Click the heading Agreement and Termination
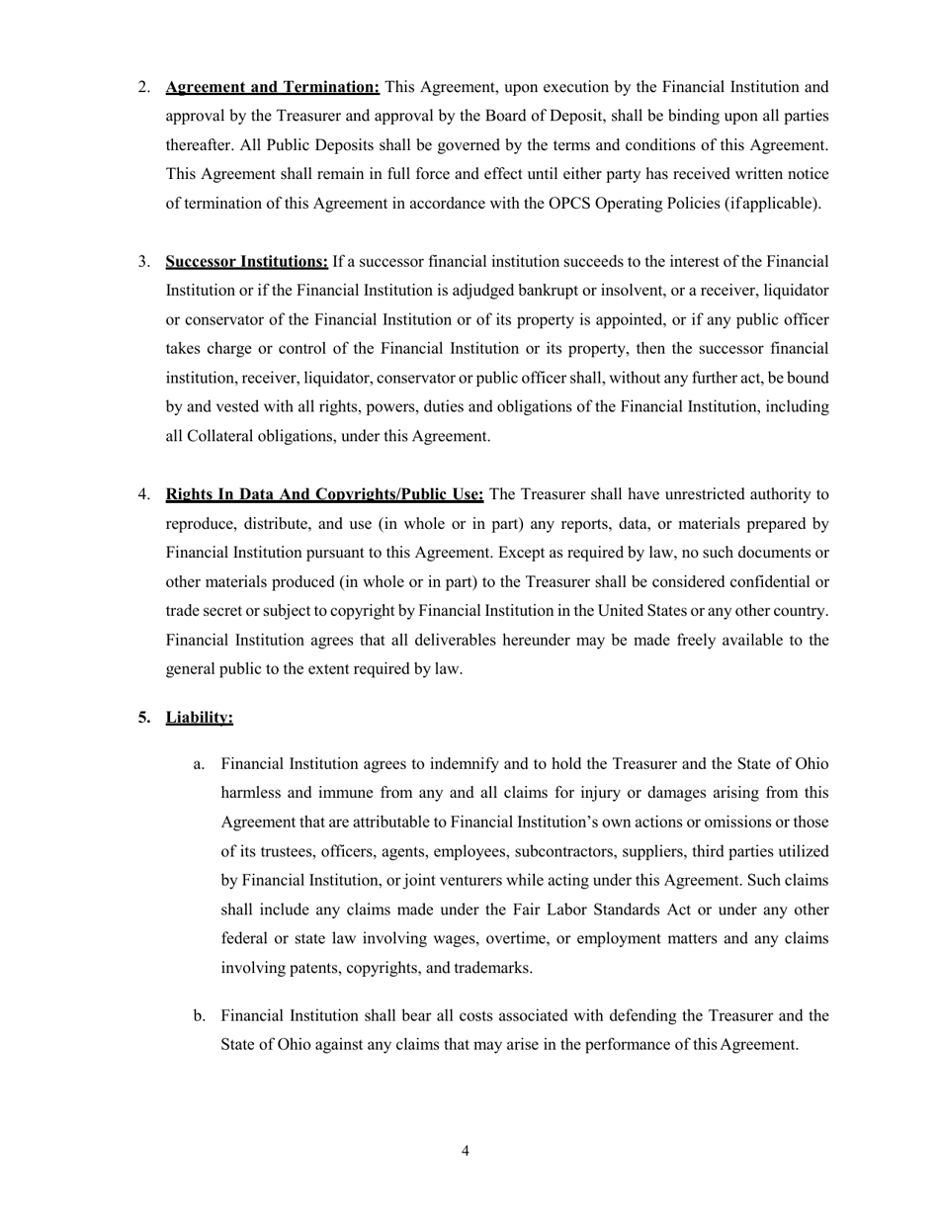[273, 87]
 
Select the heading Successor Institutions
[247, 262]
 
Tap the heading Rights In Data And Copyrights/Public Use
[324, 494]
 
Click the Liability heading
[200, 717]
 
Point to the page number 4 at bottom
[465, 1151]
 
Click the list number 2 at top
[143, 87]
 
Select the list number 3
[143, 262]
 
